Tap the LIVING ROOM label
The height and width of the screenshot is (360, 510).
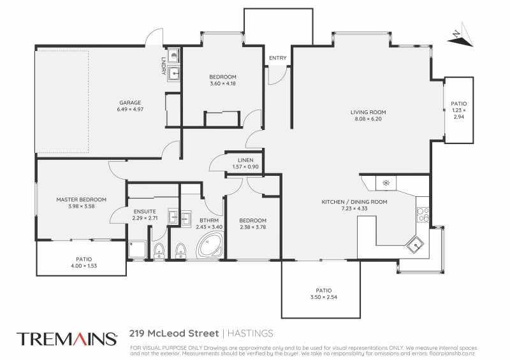tap(368, 112)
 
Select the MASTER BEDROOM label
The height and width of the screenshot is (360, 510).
tap(80, 199)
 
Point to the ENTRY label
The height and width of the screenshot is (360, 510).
tap(277, 58)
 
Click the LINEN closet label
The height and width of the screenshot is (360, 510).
tap(245, 160)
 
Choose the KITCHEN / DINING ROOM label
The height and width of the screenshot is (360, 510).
tap(354, 202)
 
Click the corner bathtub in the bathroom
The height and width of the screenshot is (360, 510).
tap(210, 245)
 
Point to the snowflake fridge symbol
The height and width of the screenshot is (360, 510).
tap(385, 184)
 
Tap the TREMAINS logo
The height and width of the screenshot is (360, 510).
tap(67, 338)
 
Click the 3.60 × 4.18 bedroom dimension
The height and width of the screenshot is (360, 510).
tap(222, 83)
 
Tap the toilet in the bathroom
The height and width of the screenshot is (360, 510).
tap(180, 248)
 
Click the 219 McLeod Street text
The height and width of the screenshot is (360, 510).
tap(173, 333)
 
